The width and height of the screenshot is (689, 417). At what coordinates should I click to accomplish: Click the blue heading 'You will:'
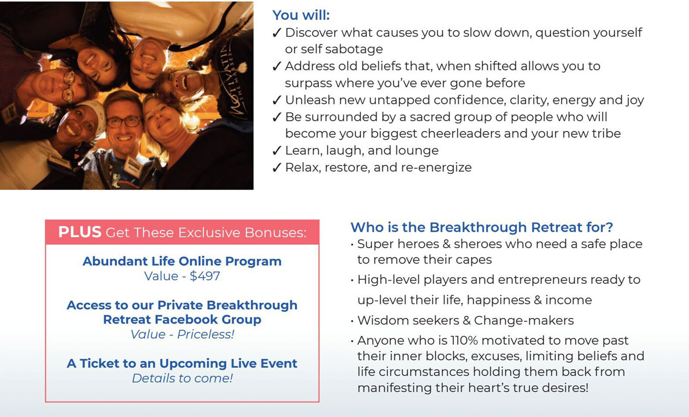click(301, 15)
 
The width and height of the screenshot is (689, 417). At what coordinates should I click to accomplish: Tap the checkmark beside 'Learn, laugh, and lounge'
click(277, 150)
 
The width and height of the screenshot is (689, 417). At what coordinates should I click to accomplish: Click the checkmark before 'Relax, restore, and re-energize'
click(277, 167)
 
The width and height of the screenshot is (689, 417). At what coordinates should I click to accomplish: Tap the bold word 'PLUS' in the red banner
click(80, 232)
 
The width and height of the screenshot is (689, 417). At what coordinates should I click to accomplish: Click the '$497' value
click(205, 276)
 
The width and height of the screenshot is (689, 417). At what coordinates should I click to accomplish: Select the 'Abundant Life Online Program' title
click(182, 261)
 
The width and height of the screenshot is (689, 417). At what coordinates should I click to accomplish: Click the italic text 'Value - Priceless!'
click(182, 334)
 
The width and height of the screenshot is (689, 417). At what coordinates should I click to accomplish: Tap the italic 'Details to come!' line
click(182, 378)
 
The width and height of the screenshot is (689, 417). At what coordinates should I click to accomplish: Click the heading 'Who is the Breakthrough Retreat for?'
click(482, 227)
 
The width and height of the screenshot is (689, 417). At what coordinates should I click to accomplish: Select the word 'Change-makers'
click(524, 320)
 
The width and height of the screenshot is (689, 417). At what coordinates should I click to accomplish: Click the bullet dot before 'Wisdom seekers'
click(352, 322)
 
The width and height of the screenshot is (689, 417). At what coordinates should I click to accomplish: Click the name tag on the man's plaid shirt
click(133, 166)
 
